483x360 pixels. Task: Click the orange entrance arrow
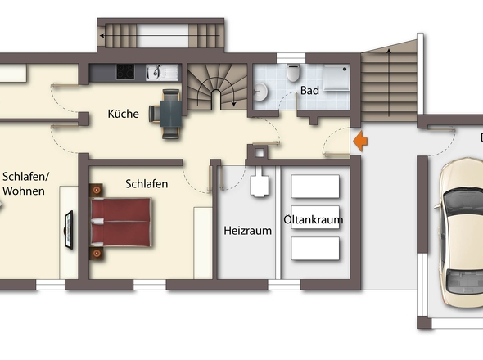click(x=360, y=142)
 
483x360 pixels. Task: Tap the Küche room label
click(x=123, y=115)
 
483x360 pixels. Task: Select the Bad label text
click(x=309, y=90)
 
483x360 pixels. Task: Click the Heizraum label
click(x=247, y=231)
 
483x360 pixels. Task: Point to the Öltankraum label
click(x=313, y=220)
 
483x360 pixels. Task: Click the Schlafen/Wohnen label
click(x=26, y=183)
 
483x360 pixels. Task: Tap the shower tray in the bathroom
click(x=336, y=79)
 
